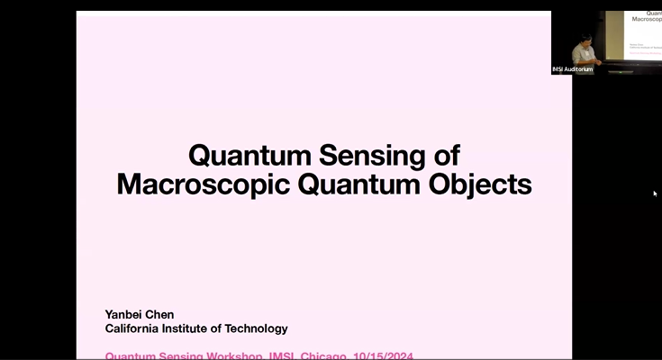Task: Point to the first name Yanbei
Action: tap(126, 315)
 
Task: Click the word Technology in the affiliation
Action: tap(258, 329)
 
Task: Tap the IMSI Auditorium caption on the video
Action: tap(573, 69)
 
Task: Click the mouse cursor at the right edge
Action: tap(655, 193)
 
